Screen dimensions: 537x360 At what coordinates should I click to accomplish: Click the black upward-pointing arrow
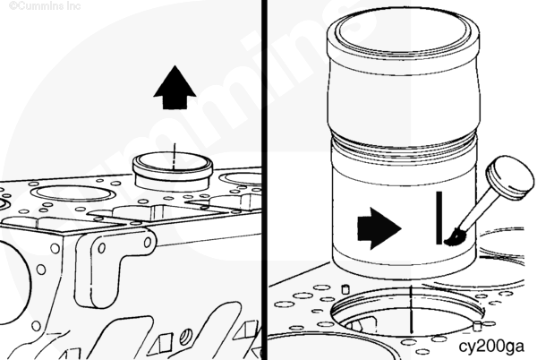(175, 88)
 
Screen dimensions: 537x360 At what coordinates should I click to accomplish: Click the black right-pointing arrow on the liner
(379, 228)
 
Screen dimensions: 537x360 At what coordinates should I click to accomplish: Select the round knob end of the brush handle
(510, 177)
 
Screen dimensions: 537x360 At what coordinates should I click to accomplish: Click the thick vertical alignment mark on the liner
(439, 218)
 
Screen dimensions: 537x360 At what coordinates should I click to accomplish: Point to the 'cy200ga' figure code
(491, 347)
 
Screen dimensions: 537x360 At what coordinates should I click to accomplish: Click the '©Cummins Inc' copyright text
(45, 5)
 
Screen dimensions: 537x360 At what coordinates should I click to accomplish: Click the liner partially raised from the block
(173, 171)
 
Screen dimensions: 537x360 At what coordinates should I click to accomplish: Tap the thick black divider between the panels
(264, 180)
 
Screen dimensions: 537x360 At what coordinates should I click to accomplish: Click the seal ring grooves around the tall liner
(405, 144)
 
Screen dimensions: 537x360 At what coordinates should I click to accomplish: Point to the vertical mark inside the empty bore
(412, 309)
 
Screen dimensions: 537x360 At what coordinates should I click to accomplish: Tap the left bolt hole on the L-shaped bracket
(102, 248)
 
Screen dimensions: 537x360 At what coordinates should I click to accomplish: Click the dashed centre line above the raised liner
(175, 156)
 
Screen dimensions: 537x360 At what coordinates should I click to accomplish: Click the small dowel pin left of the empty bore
(345, 288)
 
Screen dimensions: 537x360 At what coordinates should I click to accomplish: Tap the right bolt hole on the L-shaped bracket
(148, 243)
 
